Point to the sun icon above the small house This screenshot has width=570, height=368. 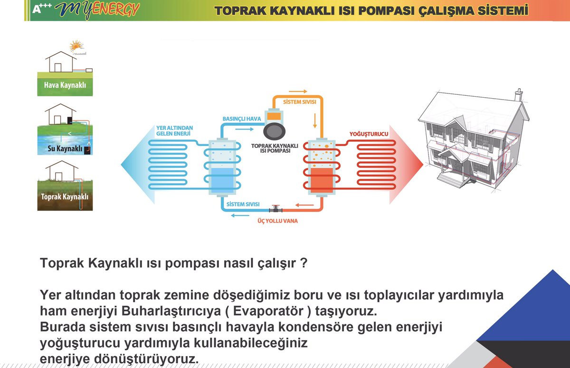coord(76,46)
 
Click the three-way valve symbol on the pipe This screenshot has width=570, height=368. coord(275,209)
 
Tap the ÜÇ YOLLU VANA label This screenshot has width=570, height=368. coord(275,221)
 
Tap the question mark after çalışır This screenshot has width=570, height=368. coord(302,264)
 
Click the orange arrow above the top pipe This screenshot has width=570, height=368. coord(298,91)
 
